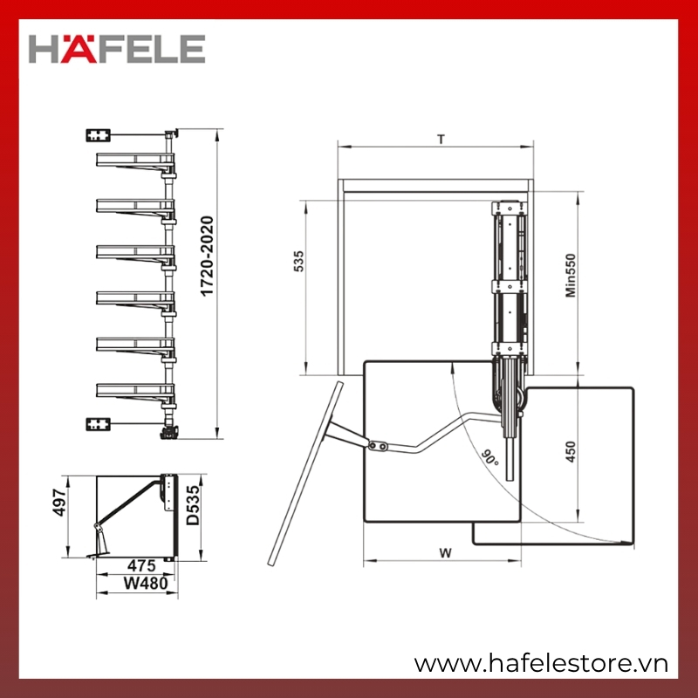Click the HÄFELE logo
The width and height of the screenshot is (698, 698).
click(x=117, y=49)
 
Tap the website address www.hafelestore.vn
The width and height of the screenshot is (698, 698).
click(x=541, y=663)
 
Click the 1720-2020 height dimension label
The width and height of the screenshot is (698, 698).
click(x=207, y=256)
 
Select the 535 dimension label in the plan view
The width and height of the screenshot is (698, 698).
click(x=299, y=261)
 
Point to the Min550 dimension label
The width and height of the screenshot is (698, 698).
click(x=571, y=275)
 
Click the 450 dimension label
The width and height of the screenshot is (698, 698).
click(x=571, y=452)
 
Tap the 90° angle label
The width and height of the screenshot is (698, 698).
click(x=490, y=458)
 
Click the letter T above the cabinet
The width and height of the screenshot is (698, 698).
click(x=441, y=140)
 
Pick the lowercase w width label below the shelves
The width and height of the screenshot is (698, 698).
click(x=445, y=553)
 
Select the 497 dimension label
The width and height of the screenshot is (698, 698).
click(x=59, y=503)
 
